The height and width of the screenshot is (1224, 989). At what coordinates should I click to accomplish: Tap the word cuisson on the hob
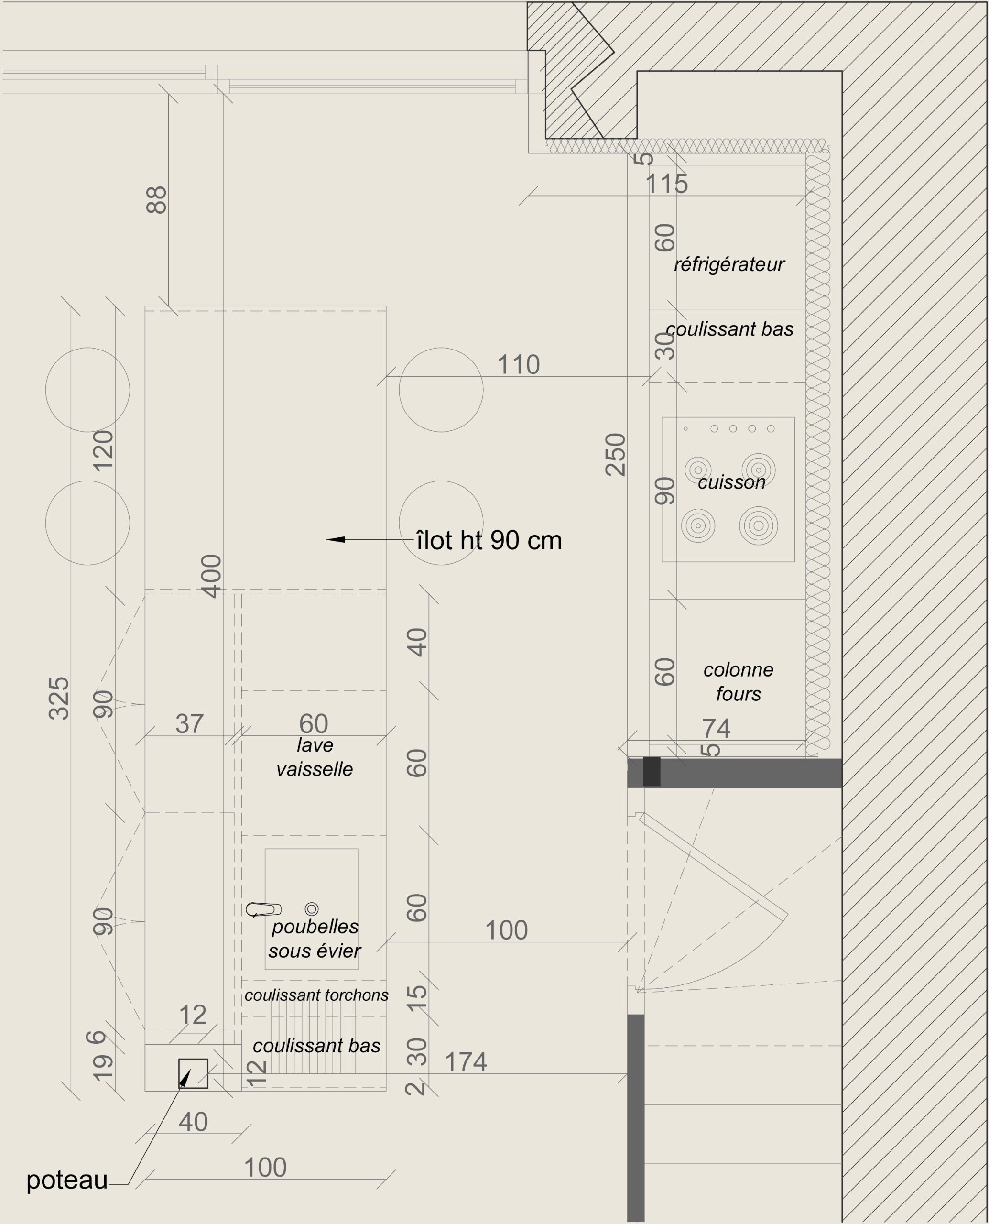tap(731, 482)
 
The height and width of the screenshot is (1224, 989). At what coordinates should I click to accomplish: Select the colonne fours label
tap(739, 681)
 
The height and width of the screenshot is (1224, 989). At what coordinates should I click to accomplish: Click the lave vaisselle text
tap(315, 757)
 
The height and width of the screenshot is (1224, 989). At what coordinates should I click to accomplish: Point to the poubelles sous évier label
tap(315, 939)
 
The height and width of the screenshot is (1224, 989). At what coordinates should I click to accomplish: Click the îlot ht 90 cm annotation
tap(489, 540)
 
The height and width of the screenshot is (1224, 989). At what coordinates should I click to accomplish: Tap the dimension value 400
tap(211, 576)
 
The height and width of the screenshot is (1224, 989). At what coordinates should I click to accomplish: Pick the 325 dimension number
tap(59, 698)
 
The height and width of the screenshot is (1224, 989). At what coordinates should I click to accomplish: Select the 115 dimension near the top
tap(666, 184)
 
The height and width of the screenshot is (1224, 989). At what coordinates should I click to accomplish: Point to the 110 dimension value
tap(519, 365)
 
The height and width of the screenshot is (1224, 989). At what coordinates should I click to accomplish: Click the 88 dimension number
tap(156, 200)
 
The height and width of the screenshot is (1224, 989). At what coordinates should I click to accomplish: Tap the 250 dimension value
tap(615, 454)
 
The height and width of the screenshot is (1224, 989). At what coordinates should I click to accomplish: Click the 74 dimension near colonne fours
tap(716, 728)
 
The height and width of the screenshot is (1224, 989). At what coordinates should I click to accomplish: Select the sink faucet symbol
tap(263, 909)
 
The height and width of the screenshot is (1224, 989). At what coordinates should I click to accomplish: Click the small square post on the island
tap(193, 1073)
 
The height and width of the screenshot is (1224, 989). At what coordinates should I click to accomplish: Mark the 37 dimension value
tap(189, 724)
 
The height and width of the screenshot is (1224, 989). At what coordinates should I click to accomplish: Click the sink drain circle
tap(312, 909)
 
